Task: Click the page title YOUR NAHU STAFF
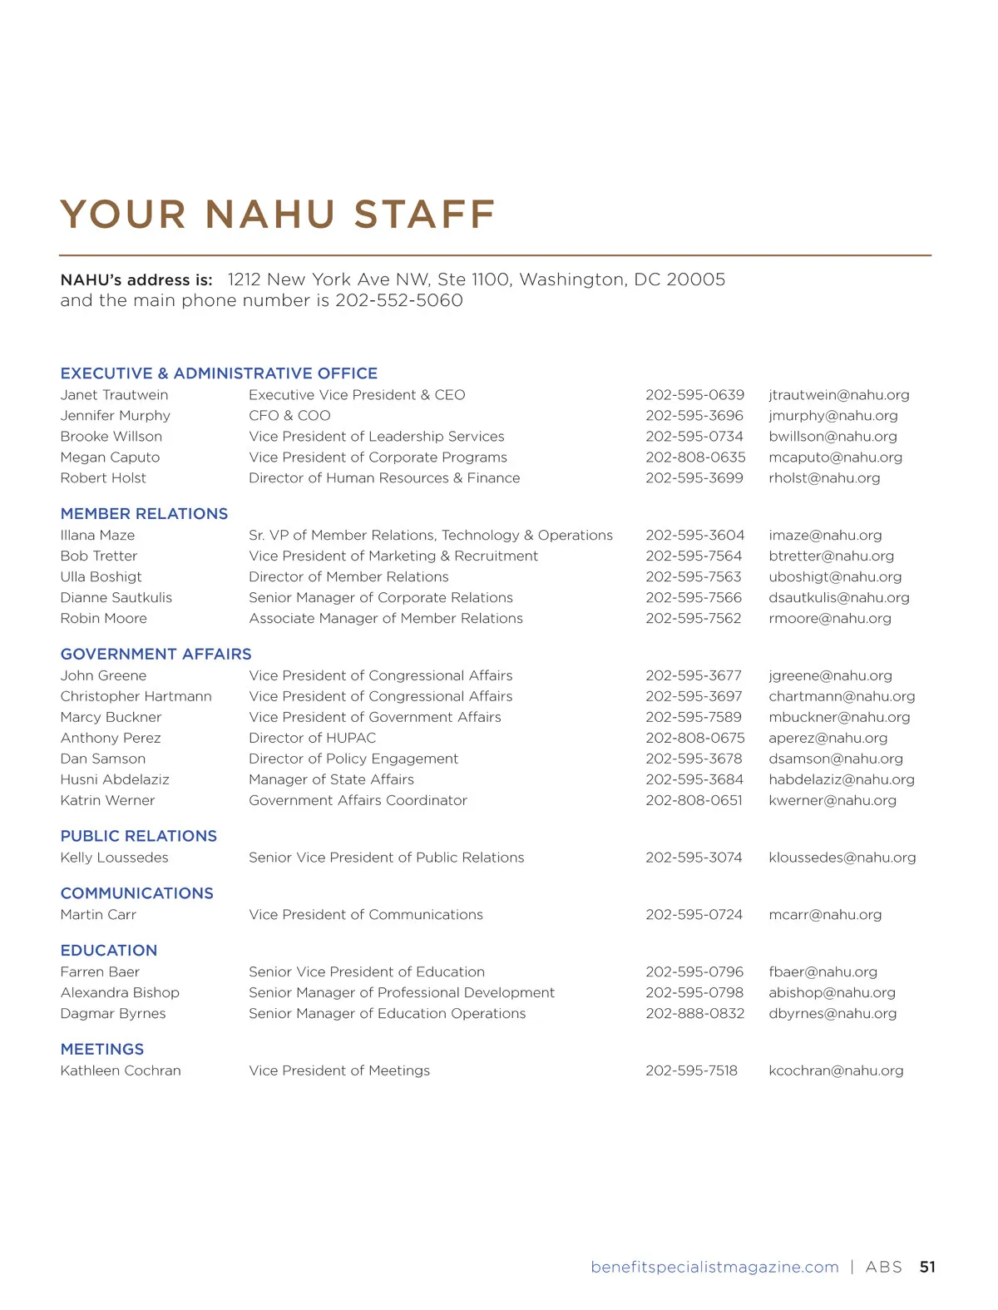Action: (277, 215)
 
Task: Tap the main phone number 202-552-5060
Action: (398, 300)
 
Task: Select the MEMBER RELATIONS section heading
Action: (144, 514)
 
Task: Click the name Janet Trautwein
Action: (114, 395)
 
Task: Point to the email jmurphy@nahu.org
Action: (832, 416)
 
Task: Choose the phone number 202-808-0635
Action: (695, 457)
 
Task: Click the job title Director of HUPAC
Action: (312, 738)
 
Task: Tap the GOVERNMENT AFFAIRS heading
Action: (156, 655)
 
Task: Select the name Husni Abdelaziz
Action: (115, 779)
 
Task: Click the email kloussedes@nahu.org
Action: (842, 858)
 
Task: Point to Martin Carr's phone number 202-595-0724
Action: (694, 915)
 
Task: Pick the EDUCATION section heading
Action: (109, 951)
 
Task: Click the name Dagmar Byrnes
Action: (113, 1014)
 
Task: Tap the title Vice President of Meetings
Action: (339, 1071)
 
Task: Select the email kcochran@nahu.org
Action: (836, 1071)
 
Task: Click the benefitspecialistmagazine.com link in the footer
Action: (714, 1268)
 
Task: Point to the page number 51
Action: (927, 1268)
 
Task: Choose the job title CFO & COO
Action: (289, 416)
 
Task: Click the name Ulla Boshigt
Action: (101, 577)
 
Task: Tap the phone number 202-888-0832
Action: (694, 1014)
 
